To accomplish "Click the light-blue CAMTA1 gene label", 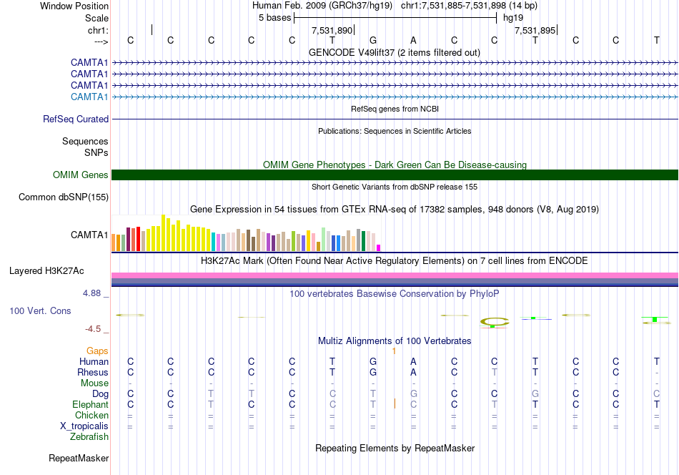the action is (x=89, y=97).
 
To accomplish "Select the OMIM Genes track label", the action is (x=81, y=175).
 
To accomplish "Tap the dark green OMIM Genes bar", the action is (x=395, y=175).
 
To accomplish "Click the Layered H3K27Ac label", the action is (x=46, y=271).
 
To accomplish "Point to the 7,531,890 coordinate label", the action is (x=332, y=30).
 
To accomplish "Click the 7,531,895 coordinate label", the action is (x=535, y=30).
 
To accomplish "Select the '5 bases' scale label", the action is (x=275, y=18).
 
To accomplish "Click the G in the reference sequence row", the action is (x=373, y=40).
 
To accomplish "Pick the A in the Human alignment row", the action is (x=413, y=361).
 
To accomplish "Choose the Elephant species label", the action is (x=90, y=404).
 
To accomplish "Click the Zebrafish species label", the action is (x=89, y=436).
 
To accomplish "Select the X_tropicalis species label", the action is (x=84, y=426).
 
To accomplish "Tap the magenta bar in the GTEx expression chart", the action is (x=378, y=248).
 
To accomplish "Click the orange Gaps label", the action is (x=97, y=351).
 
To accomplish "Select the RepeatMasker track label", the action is (x=79, y=458).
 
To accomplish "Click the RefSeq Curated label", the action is (x=76, y=119).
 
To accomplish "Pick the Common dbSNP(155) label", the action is (x=64, y=197).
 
